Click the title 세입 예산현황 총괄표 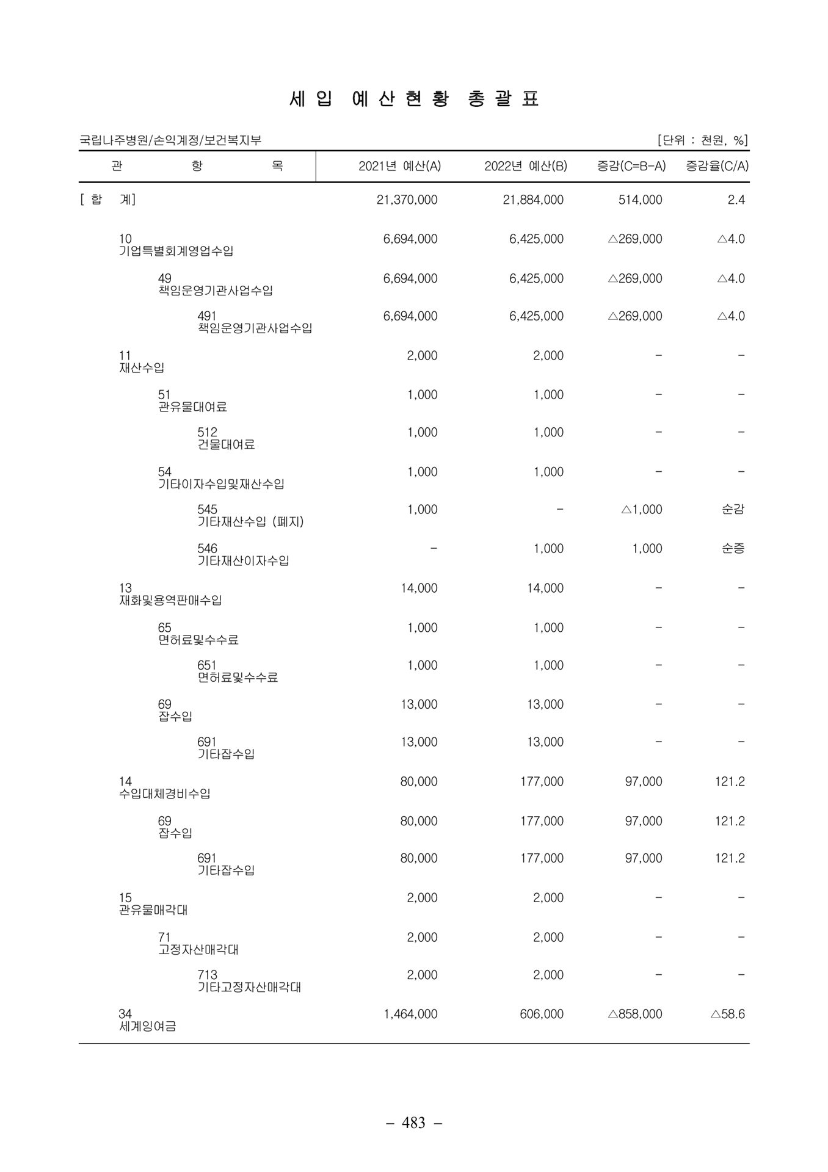pyautogui.click(x=414, y=99)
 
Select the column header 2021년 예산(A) pyautogui.click(x=399, y=166)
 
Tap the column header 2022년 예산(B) pyautogui.click(x=525, y=166)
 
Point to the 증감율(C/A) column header pyautogui.click(x=717, y=166)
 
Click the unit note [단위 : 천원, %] pyautogui.click(x=702, y=140)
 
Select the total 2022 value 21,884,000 pyautogui.click(x=532, y=200)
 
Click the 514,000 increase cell pyautogui.click(x=640, y=200)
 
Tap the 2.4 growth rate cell pyautogui.click(x=736, y=200)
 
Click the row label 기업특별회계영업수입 pyautogui.click(x=176, y=251)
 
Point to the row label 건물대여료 pyautogui.click(x=226, y=444)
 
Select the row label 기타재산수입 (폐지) pyautogui.click(x=250, y=522)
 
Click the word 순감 pyautogui.click(x=733, y=509)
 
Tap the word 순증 pyautogui.click(x=733, y=548)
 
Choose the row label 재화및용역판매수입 pyautogui.click(x=170, y=600)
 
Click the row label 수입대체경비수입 pyautogui.click(x=165, y=794)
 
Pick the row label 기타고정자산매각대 pyautogui.click(x=249, y=987)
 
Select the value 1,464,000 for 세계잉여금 pyautogui.click(x=410, y=1014)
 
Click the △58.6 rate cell pyautogui.click(x=728, y=1014)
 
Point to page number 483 pyautogui.click(x=414, y=1122)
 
